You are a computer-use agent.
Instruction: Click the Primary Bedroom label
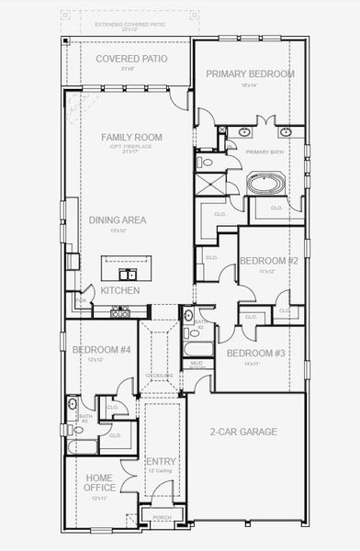(250, 74)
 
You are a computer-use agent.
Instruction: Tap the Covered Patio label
(132, 58)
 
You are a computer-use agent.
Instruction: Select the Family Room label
(131, 137)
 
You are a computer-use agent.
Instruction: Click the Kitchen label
(120, 290)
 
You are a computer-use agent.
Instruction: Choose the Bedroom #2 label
(268, 261)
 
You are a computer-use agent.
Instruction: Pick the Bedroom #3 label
(255, 354)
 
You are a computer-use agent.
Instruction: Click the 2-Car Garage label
(242, 432)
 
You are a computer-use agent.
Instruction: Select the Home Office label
(99, 482)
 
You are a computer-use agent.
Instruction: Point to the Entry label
(161, 461)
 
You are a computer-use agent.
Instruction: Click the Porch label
(162, 517)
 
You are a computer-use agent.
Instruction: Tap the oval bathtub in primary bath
(266, 183)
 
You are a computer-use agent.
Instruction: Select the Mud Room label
(197, 365)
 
